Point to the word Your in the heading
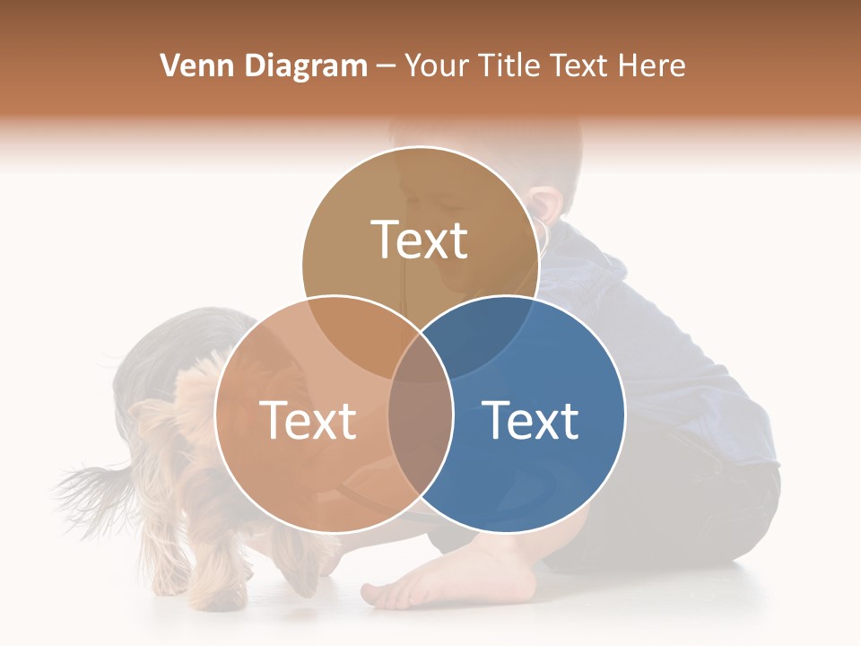tap(434, 65)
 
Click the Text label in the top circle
tap(420, 240)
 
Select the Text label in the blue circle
tap(531, 420)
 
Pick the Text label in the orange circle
tap(308, 420)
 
